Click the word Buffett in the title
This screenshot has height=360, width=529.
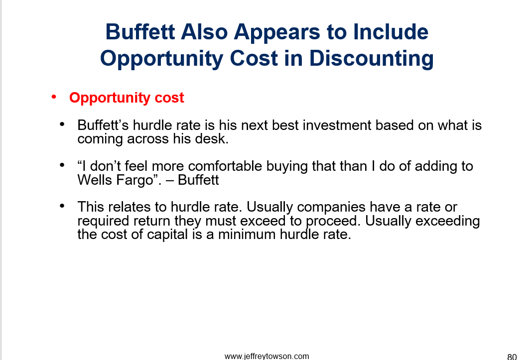click(140, 32)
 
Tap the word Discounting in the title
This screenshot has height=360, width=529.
click(371, 58)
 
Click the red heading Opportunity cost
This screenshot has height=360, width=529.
click(127, 98)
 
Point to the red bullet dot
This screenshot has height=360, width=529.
click(54, 97)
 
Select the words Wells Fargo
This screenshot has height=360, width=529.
click(115, 180)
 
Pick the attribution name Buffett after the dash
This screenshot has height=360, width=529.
click(198, 180)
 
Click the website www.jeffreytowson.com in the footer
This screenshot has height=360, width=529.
click(266, 357)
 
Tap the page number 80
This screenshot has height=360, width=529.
click(512, 357)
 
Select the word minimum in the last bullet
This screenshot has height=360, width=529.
click(247, 235)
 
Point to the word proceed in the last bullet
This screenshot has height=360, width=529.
click(333, 221)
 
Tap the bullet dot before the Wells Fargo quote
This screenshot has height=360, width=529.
click(62, 165)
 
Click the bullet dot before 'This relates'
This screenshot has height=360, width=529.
click(62, 206)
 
